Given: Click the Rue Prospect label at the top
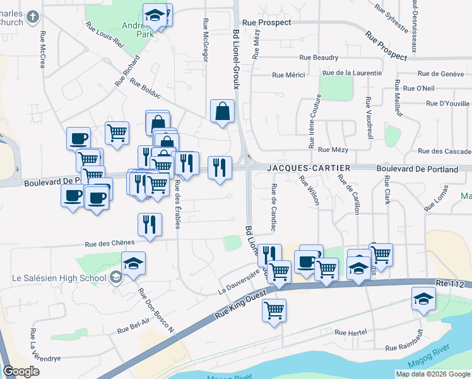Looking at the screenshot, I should [266, 22].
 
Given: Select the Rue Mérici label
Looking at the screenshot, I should [288, 75].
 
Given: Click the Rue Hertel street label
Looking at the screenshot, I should [350, 332].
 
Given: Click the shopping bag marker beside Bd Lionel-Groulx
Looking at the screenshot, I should [222, 112].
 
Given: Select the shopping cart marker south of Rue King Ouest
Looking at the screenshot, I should [274, 310].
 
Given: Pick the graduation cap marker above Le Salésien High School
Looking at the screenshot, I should [133, 263].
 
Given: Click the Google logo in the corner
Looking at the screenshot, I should [21, 371].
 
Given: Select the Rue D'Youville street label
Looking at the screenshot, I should [447, 104].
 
